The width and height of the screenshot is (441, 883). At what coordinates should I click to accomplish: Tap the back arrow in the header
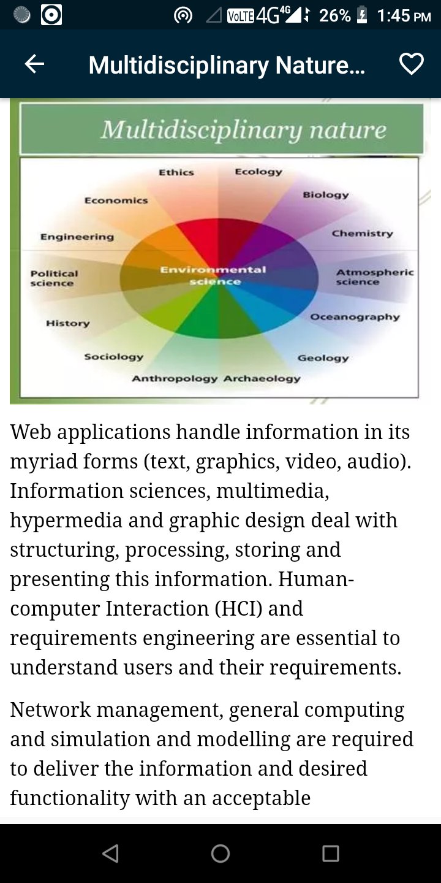point(34,64)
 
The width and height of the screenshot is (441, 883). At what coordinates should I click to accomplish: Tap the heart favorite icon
point(412,64)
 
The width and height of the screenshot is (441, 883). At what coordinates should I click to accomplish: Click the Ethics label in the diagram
point(176,172)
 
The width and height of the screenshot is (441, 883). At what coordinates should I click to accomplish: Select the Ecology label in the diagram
point(258,172)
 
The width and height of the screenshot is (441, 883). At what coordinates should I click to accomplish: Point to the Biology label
point(326,195)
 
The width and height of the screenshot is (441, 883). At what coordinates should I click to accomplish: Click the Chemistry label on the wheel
point(362,234)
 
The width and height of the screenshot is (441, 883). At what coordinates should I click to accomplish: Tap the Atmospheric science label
point(375,277)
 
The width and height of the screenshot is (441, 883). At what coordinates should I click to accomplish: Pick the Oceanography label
point(355,317)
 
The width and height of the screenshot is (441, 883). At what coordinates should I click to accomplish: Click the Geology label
point(323,358)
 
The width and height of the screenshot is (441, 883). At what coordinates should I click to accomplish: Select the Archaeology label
point(262,378)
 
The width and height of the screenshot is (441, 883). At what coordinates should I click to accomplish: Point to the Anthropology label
point(175,379)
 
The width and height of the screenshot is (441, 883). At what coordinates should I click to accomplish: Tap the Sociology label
point(113,357)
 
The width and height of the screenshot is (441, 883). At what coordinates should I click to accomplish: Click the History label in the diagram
point(68,323)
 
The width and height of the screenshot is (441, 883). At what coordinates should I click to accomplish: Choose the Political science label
point(54,278)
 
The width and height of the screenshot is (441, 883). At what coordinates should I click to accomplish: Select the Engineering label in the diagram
point(77,237)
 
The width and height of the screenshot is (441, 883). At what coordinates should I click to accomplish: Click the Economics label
point(116,201)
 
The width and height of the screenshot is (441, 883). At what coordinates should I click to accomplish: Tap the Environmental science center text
point(213,275)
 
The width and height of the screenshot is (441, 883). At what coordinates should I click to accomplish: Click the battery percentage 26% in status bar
point(334,16)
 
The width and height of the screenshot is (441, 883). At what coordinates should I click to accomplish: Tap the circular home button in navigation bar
point(221,854)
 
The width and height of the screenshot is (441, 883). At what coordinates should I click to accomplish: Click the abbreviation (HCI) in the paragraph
point(238,609)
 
